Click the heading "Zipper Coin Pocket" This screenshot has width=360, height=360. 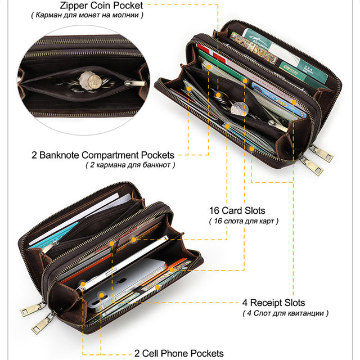click(x=101, y=6)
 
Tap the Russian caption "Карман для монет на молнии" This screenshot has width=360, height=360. click(x=87, y=15)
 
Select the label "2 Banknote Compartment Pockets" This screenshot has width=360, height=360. click(x=103, y=155)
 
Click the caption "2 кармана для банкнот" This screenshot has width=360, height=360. click(x=130, y=165)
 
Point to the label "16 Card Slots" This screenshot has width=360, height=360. click(x=237, y=210)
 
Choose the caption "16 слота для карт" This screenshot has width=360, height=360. click(x=244, y=221)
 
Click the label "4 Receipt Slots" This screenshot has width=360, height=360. click(x=274, y=303)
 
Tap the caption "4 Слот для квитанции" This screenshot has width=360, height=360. click(x=285, y=313)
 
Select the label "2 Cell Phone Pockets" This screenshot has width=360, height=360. click(x=179, y=353)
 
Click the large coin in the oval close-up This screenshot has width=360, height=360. click(x=94, y=80)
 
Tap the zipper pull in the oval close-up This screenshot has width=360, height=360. click(x=135, y=83)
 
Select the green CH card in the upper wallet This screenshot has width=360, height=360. click(x=292, y=71)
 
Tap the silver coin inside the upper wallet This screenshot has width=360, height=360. click(x=239, y=109)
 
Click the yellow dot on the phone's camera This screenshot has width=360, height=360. click(x=102, y=295)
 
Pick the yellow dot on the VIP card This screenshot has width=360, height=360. click(x=294, y=102)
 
